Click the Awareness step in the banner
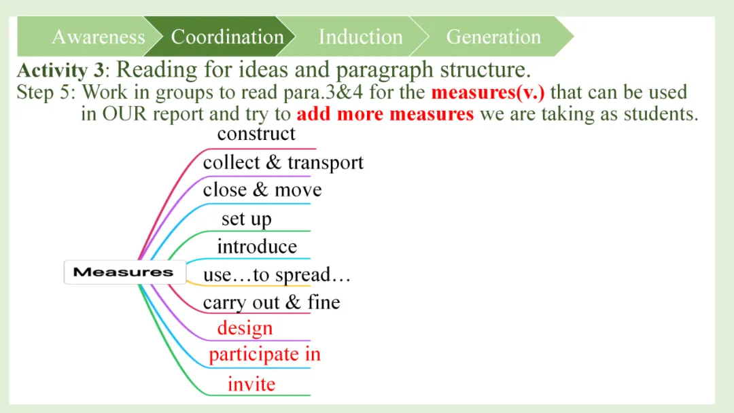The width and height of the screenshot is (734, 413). click(98, 37)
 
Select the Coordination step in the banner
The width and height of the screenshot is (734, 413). click(227, 37)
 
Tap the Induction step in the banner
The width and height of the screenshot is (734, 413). click(360, 37)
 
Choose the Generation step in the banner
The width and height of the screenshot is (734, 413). click(493, 37)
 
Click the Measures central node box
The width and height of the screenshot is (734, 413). click(124, 272)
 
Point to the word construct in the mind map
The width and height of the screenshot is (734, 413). click(256, 134)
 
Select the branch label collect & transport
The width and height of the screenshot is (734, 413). click(283, 163)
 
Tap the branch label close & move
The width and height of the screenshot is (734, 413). click(262, 190)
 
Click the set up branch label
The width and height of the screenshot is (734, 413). click(246, 219)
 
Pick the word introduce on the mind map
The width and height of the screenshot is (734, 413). click(257, 247)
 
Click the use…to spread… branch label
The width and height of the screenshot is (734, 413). click(277, 275)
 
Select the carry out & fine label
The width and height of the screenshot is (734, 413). click(271, 302)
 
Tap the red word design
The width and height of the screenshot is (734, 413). click(245, 329)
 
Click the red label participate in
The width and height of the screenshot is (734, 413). click(264, 355)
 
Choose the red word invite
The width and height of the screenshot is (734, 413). click(251, 384)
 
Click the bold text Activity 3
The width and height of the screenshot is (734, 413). click(62, 70)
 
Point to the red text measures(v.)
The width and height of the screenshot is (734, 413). click(487, 92)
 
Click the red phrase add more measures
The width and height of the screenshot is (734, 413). click(385, 113)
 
